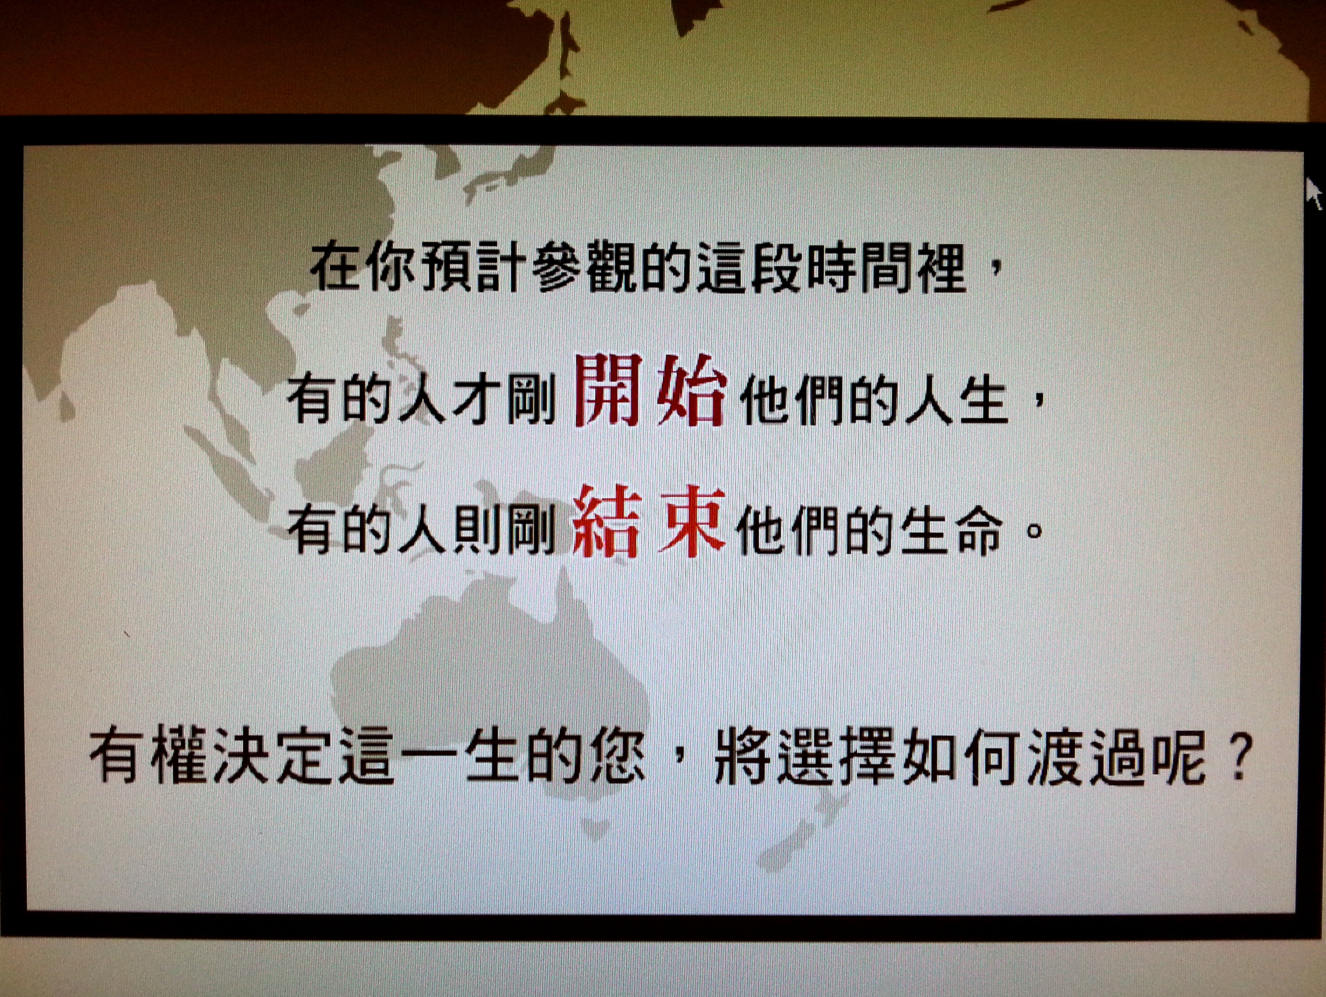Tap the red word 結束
(649, 521)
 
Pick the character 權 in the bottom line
(179, 757)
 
